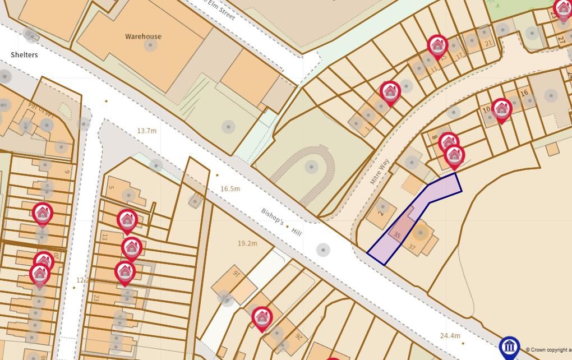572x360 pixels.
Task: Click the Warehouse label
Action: (143, 36)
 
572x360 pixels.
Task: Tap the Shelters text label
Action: (24, 55)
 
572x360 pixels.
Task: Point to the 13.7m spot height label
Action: (146, 131)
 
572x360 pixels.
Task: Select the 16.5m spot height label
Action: (230, 189)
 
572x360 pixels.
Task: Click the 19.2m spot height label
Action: (247, 243)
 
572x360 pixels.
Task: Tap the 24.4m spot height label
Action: (450, 336)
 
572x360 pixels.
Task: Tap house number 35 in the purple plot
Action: (397, 236)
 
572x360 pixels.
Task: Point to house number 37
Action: (412, 247)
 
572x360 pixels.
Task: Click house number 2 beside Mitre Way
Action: (381, 213)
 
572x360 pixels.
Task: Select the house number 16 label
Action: (524, 93)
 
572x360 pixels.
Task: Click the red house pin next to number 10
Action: (501, 109)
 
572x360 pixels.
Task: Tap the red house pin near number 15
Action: (437, 45)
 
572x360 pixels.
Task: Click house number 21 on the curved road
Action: (488, 43)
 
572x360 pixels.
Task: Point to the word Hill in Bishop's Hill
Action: (296, 230)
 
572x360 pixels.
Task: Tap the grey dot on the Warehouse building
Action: (150, 45)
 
